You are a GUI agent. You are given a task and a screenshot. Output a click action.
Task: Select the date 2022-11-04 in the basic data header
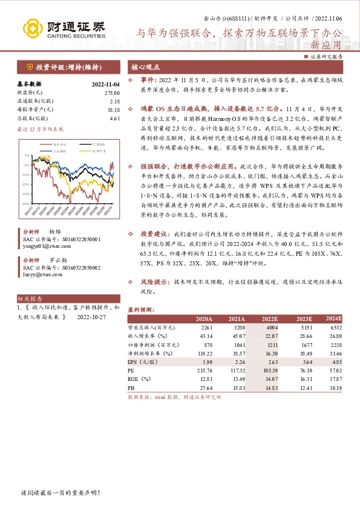(x=106, y=85)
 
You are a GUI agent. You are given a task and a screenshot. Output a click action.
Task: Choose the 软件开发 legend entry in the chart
(x=100, y=151)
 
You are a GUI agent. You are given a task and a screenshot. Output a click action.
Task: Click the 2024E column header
(x=334, y=318)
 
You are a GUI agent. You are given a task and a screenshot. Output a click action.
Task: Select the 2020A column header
(x=204, y=319)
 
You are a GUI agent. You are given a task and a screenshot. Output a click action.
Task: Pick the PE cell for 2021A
(x=237, y=370)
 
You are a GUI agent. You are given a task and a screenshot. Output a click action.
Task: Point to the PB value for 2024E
(x=335, y=387)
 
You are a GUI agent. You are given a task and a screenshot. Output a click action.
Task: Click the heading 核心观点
(x=146, y=66)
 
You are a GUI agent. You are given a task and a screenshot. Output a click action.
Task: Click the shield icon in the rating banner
(x=29, y=66)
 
